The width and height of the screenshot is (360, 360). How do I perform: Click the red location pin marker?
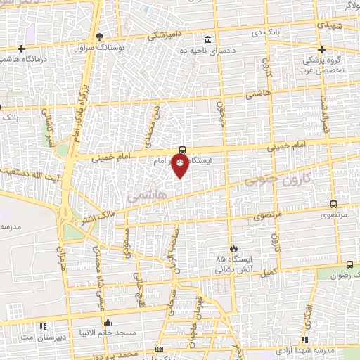click(181, 164)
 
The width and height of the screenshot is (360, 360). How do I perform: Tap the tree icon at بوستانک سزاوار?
click(100, 37)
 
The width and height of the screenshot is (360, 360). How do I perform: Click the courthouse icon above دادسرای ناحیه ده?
click(207, 39)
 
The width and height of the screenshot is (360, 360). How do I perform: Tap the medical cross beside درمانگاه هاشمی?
click(22, 49)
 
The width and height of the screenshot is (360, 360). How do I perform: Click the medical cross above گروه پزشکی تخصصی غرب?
click(322, 49)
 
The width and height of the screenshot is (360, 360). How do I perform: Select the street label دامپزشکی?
click(167, 34)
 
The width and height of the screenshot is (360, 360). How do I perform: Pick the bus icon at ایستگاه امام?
click(183, 149)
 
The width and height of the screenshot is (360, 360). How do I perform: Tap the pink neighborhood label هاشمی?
click(144, 196)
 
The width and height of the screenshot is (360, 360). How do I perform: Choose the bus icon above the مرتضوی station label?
click(333, 204)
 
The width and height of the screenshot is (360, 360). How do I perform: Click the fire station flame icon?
click(234, 248)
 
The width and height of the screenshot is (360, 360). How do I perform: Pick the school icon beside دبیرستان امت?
click(42, 326)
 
